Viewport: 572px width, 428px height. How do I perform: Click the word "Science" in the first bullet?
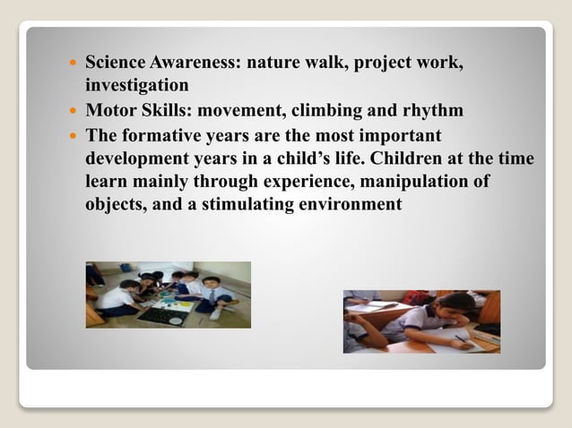tap(115, 65)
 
